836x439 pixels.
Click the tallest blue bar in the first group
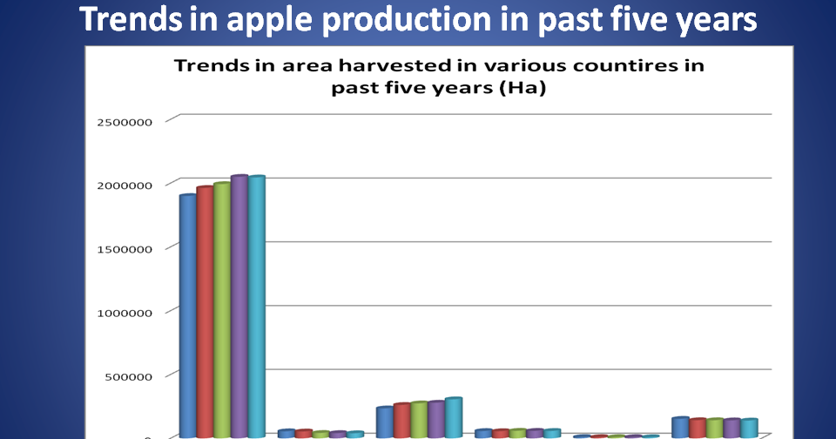tap(187, 314)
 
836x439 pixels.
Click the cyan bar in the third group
tap(453, 417)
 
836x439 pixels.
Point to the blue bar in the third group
tap(384, 422)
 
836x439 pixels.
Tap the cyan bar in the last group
tap(749, 428)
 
